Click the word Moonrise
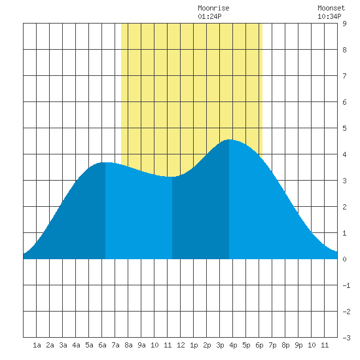point(213,8)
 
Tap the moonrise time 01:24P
point(209,16)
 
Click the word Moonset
point(331,8)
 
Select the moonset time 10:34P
point(329,16)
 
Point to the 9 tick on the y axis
point(344,24)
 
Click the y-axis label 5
point(344,128)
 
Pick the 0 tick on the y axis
point(344,259)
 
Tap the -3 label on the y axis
point(346,338)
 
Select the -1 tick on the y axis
point(346,285)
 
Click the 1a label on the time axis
point(37,345)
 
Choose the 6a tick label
point(102,345)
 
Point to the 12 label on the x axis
point(181,345)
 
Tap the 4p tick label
point(233,345)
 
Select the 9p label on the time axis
point(298,345)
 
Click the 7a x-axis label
point(115,345)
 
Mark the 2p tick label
point(207,345)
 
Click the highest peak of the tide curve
point(229,139)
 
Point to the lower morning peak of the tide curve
point(105,162)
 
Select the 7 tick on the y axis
point(344,76)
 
